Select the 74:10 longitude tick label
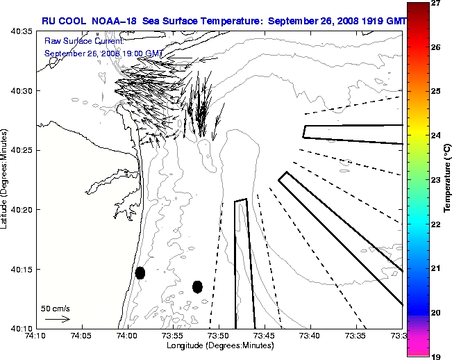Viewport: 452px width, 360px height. pyautogui.click(x=36, y=335)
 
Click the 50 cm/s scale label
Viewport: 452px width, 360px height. pyautogui.click(x=55, y=307)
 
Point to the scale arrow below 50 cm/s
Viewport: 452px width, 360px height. pyautogui.click(x=57, y=319)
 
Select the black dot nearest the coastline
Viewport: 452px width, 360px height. pyautogui.click(x=140, y=273)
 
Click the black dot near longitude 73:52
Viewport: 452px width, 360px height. pyautogui.click(x=197, y=286)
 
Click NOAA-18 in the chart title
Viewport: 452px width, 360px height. pyautogui.click(x=112, y=22)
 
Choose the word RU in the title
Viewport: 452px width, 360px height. pyautogui.click(x=48, y=22)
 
